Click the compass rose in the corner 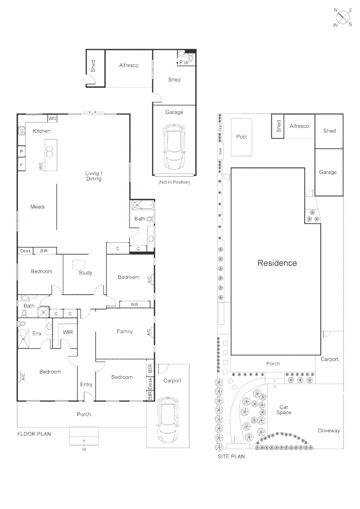click(x=343, y=17)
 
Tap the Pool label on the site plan click(x=241, y=137)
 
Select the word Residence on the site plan click(x=277, y=263)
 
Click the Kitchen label click(x=41, y=131)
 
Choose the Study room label click(x=85, y=273)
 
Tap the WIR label click(x=67, y=332)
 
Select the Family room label click(x=125, y=331)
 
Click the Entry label click(x=86, y=385)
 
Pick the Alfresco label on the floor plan click(x=129, y=65)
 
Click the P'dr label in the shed click(x=184, y=62)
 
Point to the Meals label click(x=37, y=207)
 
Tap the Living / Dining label click(x=93, y=176)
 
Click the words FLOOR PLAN click(x=34, y=434)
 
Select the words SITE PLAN click(x=231, y=456)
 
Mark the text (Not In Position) click(x=174, y=182)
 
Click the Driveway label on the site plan click(x=328, y=431)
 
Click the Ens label click(x=37, y=333)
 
